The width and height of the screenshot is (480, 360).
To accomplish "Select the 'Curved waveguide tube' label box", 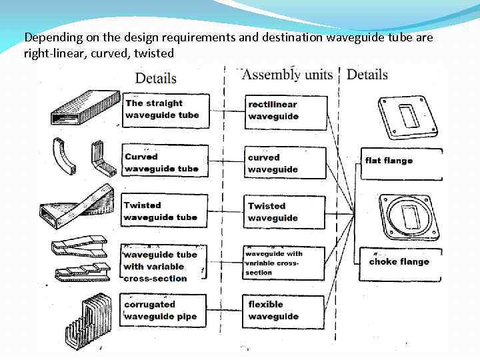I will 165,163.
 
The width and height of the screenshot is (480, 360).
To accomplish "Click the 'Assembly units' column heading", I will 287,74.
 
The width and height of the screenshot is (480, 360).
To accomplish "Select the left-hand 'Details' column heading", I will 156,78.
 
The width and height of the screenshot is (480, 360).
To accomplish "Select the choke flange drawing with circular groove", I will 408,217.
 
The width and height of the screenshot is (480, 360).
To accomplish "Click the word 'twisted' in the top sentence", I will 153,53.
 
